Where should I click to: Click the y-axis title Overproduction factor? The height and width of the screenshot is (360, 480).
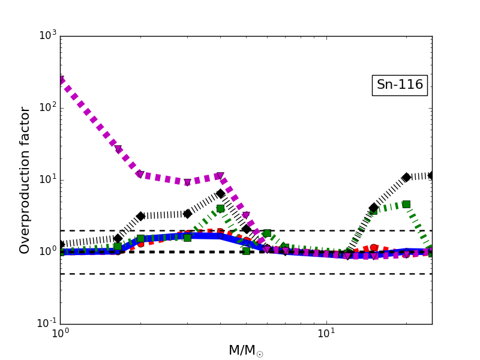(x=25, y=180)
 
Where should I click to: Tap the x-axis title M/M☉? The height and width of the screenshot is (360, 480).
(x=245, y=350)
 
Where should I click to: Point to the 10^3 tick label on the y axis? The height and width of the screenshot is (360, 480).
(x=48, y=36)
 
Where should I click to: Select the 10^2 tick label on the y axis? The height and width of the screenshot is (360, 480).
(x=48, y=108)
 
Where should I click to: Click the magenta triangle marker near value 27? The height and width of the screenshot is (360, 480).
(x=118, y=149)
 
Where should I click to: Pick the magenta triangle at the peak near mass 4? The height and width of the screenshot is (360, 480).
(x=220, y=176)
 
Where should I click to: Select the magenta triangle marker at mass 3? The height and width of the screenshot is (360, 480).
(x=187, y=182)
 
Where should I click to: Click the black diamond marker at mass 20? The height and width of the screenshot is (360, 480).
(x=406, y=177)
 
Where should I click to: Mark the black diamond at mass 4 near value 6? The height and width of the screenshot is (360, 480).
(x=220, y=193)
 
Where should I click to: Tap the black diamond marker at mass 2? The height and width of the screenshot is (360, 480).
(x=140, y=216)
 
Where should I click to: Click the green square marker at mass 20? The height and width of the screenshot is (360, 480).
(x=406, y=204)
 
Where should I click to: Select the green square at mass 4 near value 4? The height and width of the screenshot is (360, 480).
(x=220, y=208)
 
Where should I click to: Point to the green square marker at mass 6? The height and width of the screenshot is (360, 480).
(x=267, y=233)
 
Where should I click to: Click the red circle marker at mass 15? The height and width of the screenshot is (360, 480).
(x=374, y=247)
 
